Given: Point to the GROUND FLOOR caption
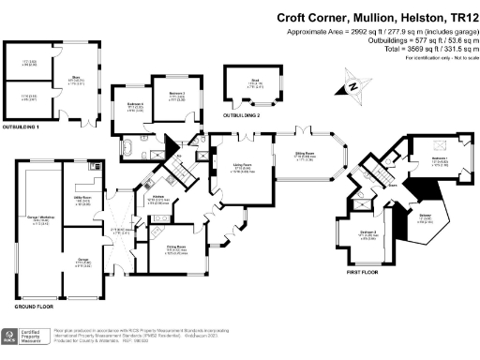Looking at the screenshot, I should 35,307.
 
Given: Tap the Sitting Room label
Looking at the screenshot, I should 306,157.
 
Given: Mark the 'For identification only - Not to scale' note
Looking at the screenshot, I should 438,58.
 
